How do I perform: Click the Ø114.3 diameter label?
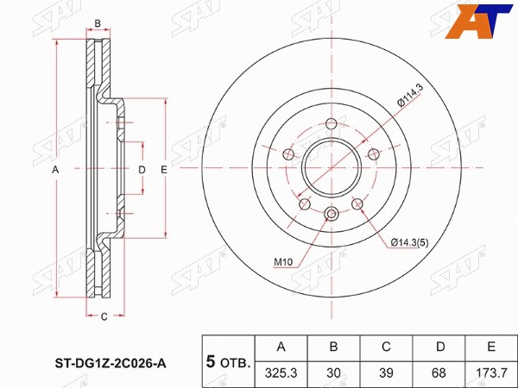(410, 96)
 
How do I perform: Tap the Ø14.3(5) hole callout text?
(409, 243)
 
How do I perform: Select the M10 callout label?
(283, 262)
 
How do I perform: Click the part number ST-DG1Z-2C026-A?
(111, 364)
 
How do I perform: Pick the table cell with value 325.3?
(281, 372)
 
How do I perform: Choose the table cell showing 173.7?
(491, 372)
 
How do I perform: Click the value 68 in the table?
(439, 372)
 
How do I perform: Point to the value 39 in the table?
(386, 372)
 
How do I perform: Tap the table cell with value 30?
(333, 372)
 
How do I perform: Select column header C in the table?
(386, 347)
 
